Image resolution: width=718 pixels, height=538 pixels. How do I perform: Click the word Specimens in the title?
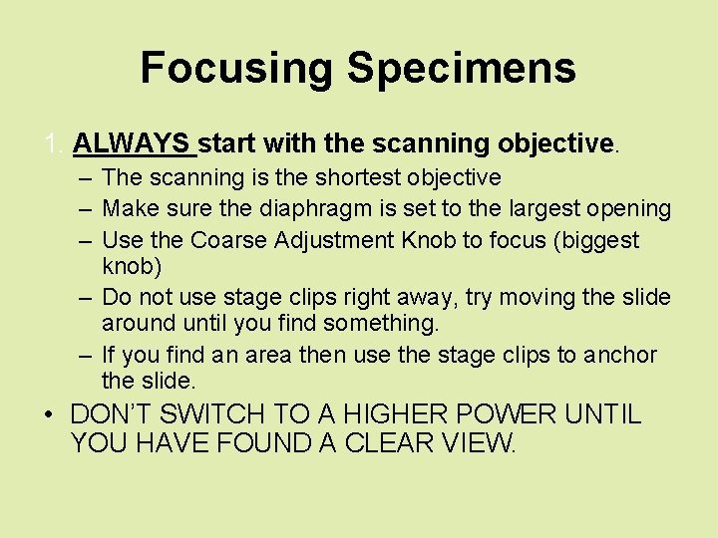(461, 69)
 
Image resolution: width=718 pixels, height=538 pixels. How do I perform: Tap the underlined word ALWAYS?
(134, 143)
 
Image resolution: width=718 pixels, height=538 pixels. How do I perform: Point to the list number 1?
(53, 143)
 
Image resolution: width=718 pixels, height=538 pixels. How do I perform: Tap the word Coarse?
(226, 240)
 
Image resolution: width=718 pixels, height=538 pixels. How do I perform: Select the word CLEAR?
(389, 443)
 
